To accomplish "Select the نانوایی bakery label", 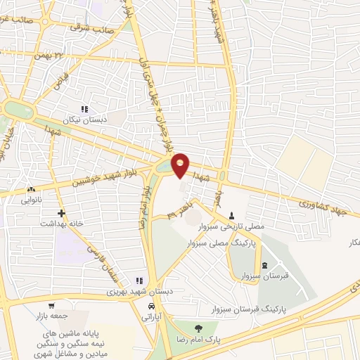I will (31, 200).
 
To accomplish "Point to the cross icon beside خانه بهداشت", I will (62, 212).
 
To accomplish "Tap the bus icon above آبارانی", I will (152, 307).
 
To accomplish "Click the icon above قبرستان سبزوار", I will (264, 265).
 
